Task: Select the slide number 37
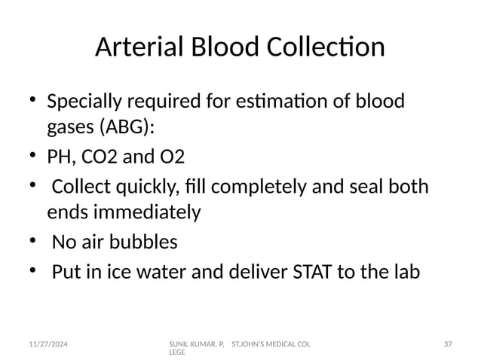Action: pos(447,343)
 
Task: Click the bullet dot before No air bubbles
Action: pos(33,242)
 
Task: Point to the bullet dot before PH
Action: pos(33,157)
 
